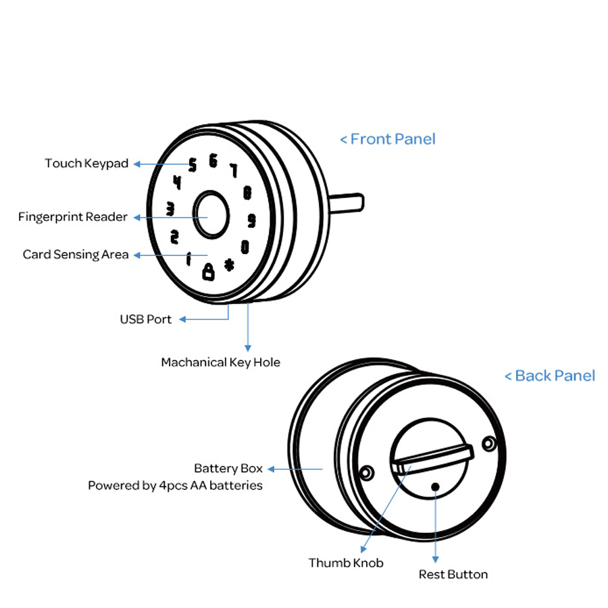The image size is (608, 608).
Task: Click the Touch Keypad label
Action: point(86,163)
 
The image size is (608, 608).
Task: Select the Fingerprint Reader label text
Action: point(73,217)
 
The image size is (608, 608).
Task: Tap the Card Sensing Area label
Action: point(76,255)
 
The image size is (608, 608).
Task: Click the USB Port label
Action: point(145,319)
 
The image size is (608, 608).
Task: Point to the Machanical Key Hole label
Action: point(220,362)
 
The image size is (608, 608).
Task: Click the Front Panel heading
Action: point(388,139)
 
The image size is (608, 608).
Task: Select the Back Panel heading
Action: point(550,376)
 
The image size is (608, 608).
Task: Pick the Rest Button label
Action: point(453,574)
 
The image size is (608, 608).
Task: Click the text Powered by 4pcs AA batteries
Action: point(175,486)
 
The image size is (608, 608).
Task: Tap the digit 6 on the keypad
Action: point(213,161)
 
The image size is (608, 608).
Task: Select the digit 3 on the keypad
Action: point(170,209)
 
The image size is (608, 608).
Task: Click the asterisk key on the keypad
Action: point(229,265)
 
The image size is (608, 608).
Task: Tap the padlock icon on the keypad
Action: point(208,272)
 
